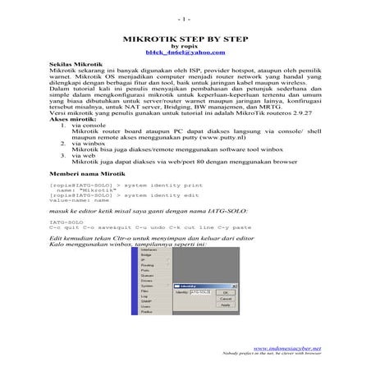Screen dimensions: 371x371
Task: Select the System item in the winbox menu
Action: tap(148, 286)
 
